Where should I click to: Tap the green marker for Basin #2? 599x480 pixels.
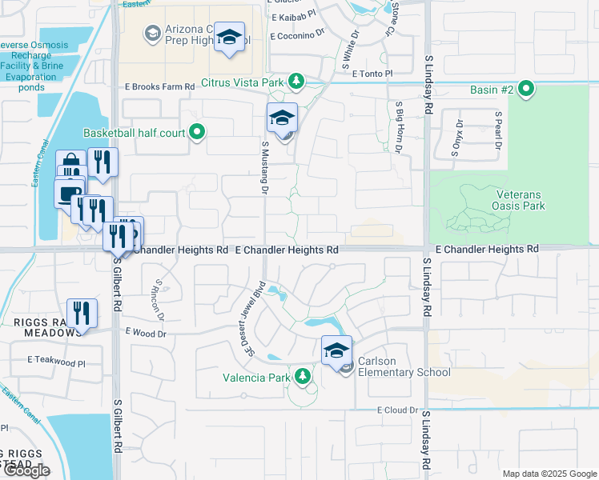click(526, 89)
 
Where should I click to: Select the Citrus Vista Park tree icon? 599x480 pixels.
click(296, 82)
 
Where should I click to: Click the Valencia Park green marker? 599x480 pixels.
click(302, 375)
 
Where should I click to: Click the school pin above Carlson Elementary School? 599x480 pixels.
click(336, 350)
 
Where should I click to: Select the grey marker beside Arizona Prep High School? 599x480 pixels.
click(151, 33)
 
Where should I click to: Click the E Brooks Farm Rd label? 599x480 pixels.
click(159, 86)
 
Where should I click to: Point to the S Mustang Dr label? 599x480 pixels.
click(263, 166)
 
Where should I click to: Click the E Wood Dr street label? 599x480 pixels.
click(145, 330)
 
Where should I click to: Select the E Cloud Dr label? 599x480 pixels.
click(398, 410)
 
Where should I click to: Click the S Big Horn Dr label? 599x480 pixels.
click(397, 126)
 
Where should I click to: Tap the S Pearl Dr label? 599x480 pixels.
click(497, 135)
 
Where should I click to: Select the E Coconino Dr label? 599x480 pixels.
click(300, 36)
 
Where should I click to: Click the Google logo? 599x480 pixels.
click(26, 470)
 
